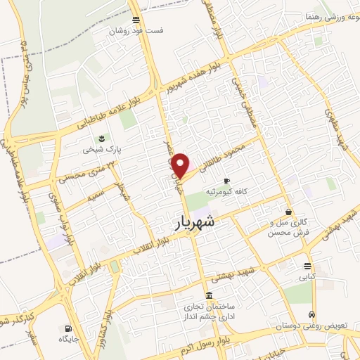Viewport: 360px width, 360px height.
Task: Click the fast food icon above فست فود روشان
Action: point(136,20)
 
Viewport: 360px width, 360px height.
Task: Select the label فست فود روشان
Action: point(136,31)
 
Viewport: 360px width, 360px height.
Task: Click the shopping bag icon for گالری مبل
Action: point(288,212)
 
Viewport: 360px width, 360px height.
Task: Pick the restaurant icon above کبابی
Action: point(307,266)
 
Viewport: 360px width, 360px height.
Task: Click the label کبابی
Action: point(307,277)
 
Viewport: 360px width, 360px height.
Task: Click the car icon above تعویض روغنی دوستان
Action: point(311,315)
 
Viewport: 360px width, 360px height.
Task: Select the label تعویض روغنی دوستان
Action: point(311,326)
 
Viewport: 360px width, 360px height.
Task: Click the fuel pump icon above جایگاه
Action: point(67,328)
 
